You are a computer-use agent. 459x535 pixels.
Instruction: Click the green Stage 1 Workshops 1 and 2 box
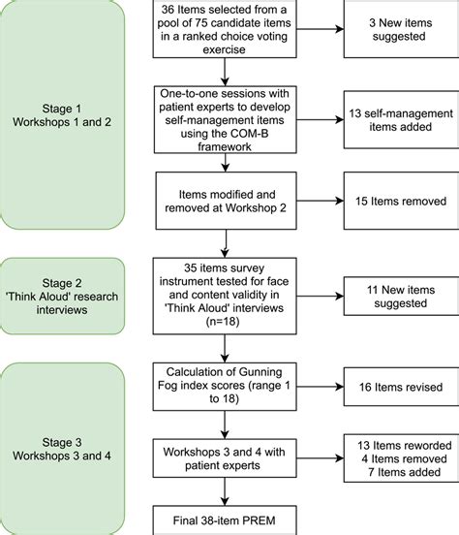click(63, 115)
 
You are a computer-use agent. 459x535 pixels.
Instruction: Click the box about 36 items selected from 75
click(226, 31)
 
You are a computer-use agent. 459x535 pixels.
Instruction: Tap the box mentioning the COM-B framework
click(226, 117)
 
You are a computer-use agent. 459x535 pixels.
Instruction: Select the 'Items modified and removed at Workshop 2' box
click(226, 202)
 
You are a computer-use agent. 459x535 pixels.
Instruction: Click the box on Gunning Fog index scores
click(226, 384)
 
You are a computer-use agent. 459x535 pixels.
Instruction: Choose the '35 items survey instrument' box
click(226, 295)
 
